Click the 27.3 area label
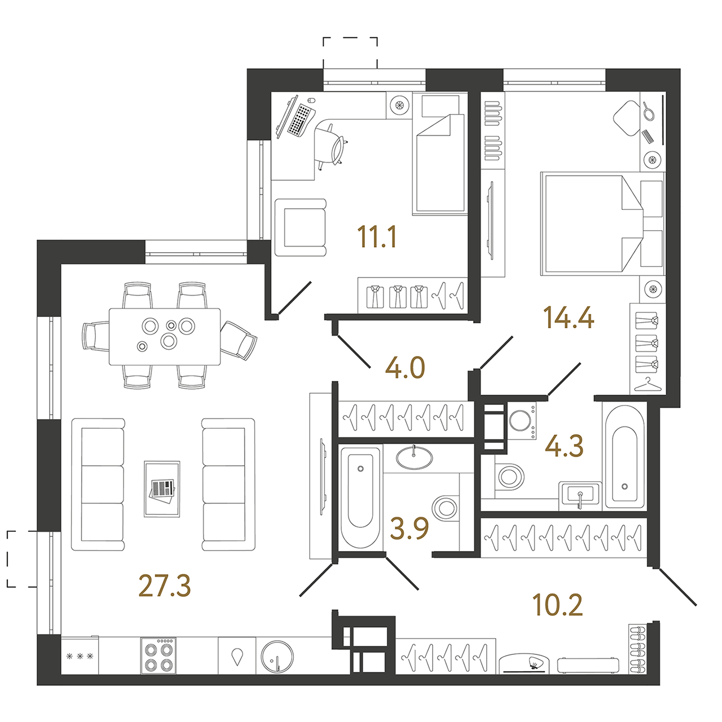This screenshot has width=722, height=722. [165, 587]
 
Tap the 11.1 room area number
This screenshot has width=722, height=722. [377, 237]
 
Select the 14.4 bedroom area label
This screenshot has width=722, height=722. [569, 318]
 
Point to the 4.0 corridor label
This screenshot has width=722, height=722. [405, 368]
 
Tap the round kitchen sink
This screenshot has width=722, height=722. [278, 657]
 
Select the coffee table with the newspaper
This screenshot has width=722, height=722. [162, 489]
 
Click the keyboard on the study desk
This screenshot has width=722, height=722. [301, 119]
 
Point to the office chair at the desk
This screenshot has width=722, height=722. [331, 144]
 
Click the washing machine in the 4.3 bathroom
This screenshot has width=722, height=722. [522, 421]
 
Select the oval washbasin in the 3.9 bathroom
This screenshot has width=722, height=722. [414, 457]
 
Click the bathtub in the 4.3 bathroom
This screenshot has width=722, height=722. [624, 456]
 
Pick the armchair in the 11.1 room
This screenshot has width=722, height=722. [301, 227]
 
